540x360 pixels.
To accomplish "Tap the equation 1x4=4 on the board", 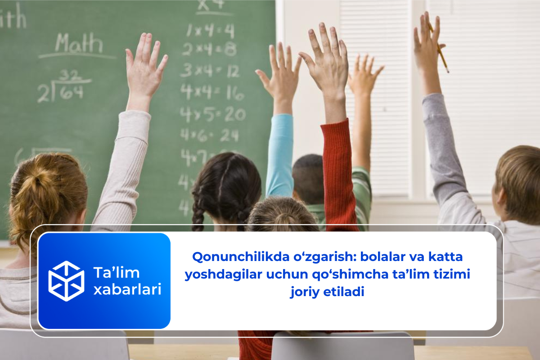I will pos(210,31).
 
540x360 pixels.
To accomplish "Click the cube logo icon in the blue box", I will pos(66,281).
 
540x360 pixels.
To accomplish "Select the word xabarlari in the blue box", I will pos(127,290).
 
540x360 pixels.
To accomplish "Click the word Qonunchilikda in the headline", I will pos(230,257).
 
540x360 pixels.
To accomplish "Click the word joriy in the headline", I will pos(306,292).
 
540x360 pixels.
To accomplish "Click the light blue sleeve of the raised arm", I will pos(279,153).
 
